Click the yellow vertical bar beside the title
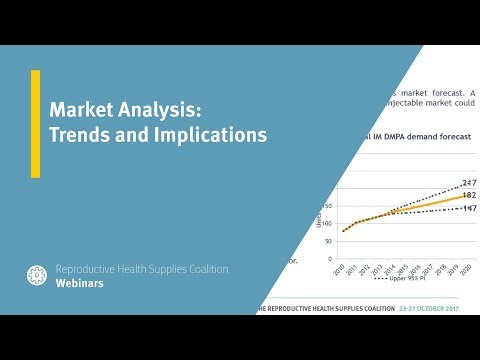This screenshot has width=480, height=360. pos(36,124)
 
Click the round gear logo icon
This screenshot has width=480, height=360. pos(38,276)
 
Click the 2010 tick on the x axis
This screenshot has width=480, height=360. pos(343,265)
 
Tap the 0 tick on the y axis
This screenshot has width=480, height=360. pos(331,257)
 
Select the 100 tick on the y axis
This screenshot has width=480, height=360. pos(327,222)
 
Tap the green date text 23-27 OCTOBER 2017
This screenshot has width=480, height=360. pos(429,308)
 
